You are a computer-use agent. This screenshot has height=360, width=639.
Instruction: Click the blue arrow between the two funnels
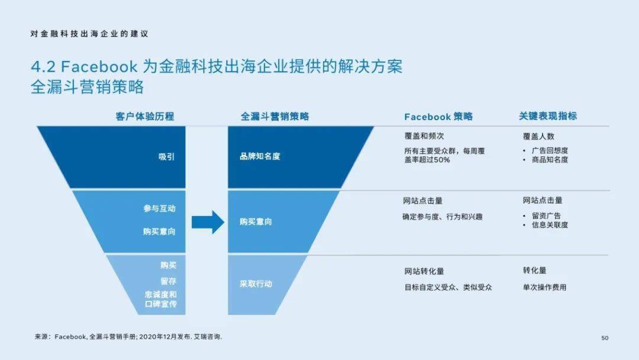[x=208, y=222]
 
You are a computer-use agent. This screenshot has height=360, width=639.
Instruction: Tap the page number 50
[x=605, y=338]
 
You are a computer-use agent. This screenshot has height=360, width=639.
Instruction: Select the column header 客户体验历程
[x=145, y=117]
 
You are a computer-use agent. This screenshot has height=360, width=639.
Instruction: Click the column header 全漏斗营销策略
[x=275, y=117]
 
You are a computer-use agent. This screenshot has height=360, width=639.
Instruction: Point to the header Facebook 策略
[x=438, y=117]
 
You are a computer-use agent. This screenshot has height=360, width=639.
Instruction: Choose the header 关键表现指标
[x=548, y=116]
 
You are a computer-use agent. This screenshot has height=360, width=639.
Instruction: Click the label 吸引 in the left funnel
[x=166, y=156]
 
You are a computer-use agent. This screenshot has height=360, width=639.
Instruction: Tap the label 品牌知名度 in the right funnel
[x=260, y=156]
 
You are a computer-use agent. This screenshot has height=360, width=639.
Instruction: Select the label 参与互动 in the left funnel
[x=159, y=208]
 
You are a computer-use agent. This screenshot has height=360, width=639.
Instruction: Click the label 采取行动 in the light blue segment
[x=256, y=284]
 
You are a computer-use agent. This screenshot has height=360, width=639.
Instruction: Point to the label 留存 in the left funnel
[x=168, y=281]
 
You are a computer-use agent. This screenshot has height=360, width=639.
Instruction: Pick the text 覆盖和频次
[x=424, y=136]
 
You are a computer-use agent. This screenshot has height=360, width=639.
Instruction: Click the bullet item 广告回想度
[x=550, y=150]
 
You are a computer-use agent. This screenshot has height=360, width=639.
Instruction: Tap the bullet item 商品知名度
[x=550, y=160]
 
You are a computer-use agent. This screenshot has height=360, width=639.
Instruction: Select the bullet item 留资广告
[x=546, y=216]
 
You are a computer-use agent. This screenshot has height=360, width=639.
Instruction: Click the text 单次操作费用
[x=545, y=287]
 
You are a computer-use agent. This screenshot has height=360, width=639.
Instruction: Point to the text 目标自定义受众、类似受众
[x=448, y=287]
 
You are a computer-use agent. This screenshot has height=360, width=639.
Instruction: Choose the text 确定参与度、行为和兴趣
[x=443, y=217]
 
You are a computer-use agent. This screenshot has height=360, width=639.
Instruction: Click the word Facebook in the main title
[x=99, y=66]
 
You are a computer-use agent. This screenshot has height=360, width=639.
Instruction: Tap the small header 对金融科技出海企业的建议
[x=89, y=34]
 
